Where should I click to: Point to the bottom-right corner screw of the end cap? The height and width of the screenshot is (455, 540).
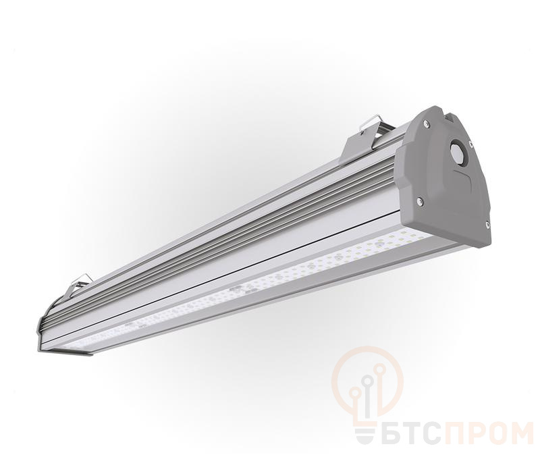click(x=487, y=225)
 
